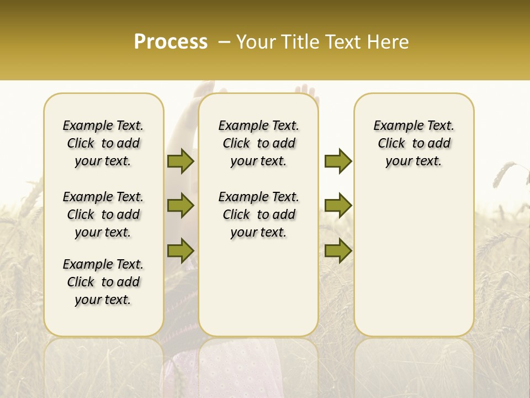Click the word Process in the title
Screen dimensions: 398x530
(171, 42)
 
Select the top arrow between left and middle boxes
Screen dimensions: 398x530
(181, 161)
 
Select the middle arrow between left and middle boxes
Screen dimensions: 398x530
(181, 206)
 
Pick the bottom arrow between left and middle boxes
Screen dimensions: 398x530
(181, 250)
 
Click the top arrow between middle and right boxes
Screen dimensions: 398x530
(338, 161)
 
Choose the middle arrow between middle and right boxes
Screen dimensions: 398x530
(338, 206)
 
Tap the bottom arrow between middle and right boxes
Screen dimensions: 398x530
(338, 250)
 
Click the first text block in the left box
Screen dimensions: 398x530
(103, 143)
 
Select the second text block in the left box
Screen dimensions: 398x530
(103, 214)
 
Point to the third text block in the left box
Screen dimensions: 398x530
(103, 282)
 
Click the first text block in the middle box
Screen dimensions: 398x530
(258, 143)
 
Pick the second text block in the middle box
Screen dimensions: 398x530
(258, 214)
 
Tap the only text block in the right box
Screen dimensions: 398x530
(414, 143)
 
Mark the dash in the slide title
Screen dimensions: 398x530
(224, 42)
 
